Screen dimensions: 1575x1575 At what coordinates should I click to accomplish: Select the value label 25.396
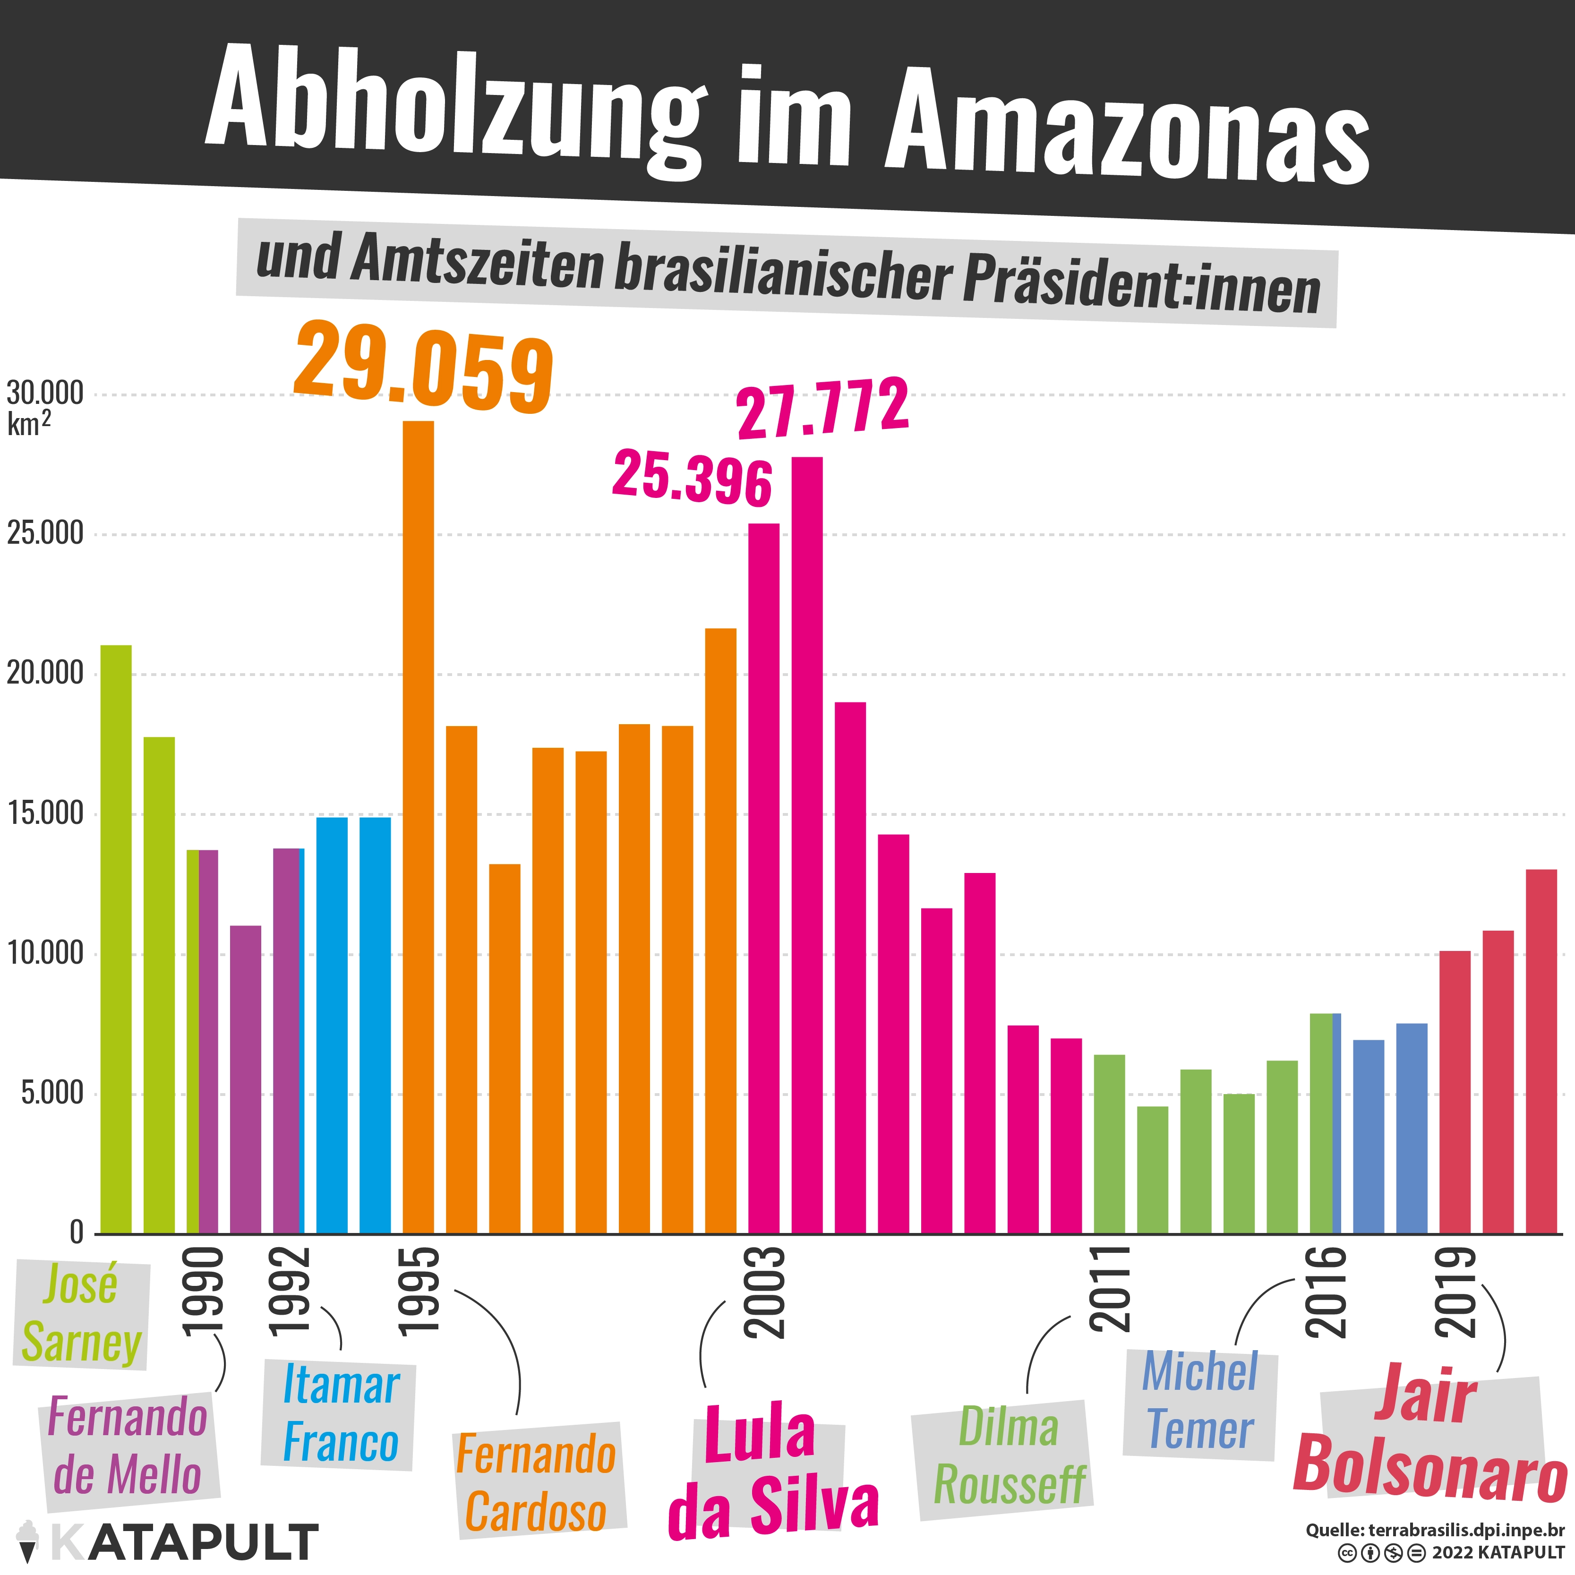coord(692,478)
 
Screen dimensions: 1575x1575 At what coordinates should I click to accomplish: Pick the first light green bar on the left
coord(116,939)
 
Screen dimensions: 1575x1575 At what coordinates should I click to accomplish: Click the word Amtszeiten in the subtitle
coord(477,263)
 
